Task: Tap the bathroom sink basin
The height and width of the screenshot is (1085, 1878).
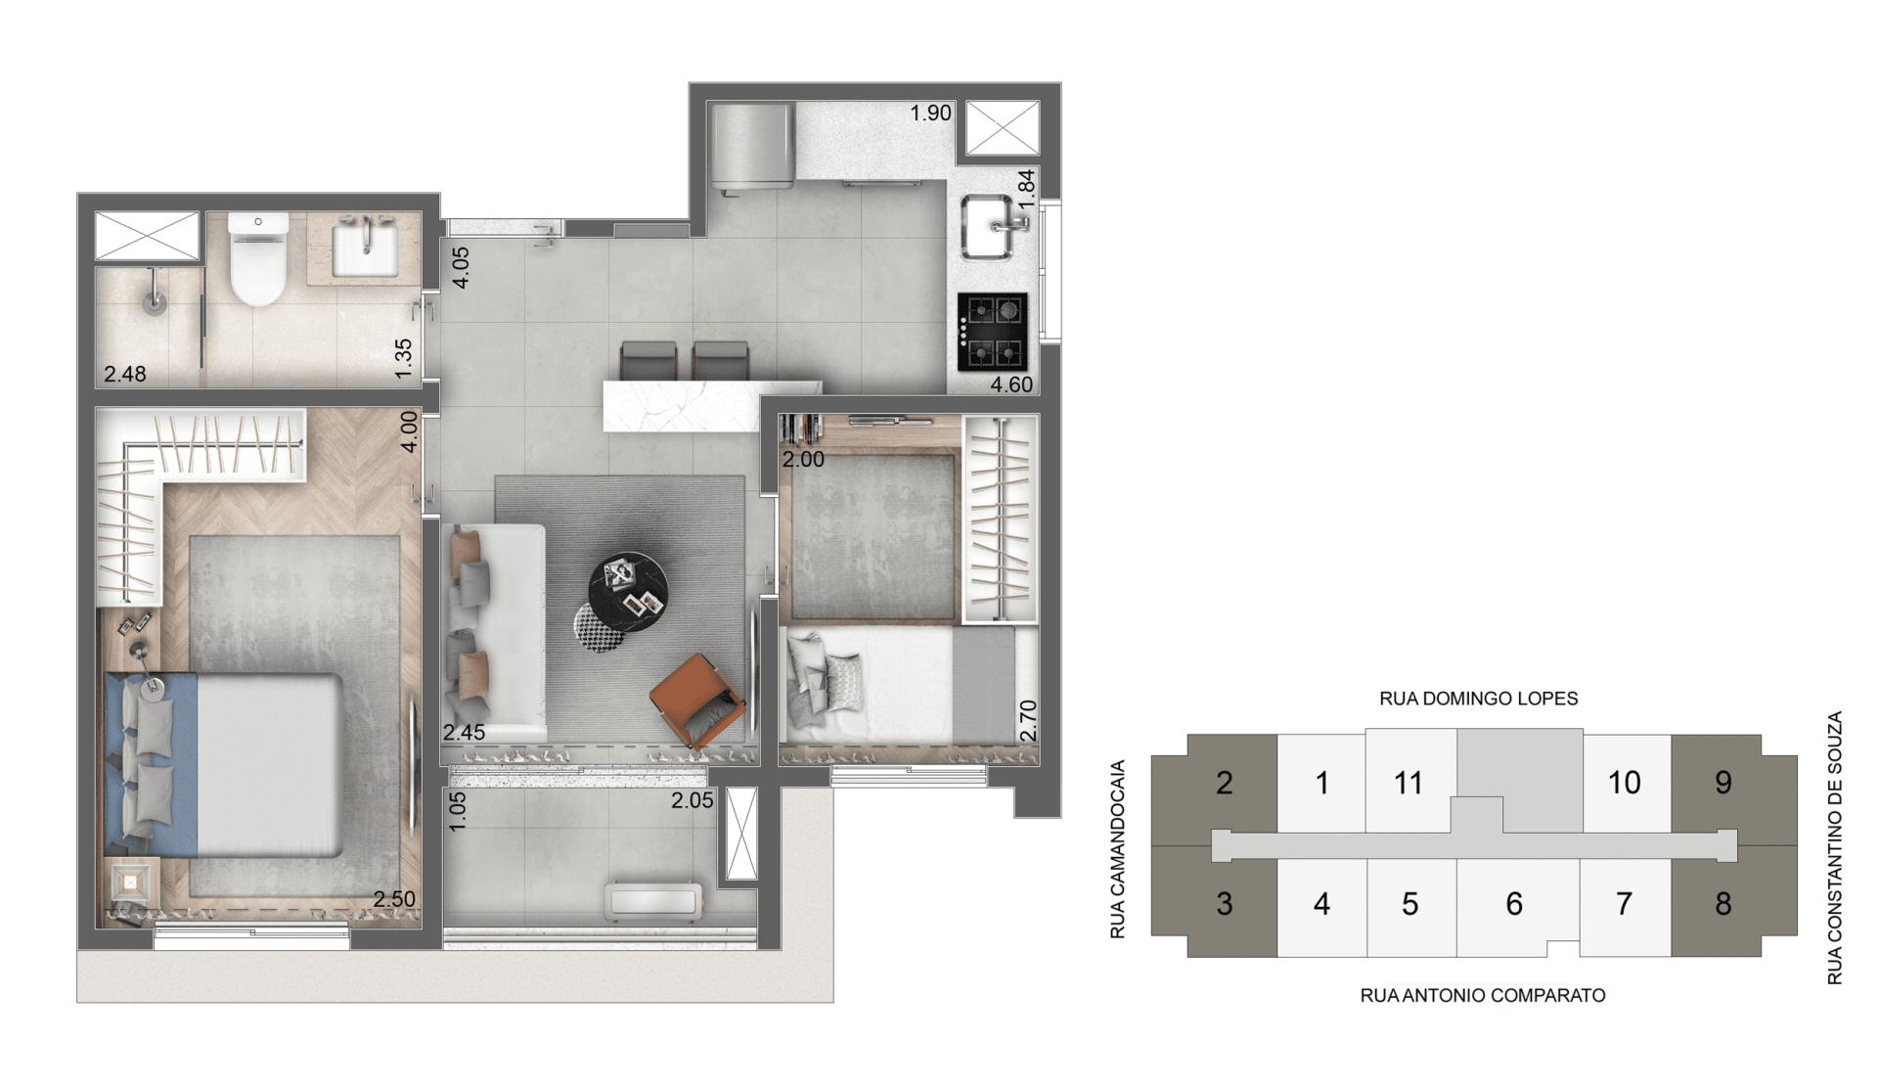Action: pyautogui.click(x=365, y=249)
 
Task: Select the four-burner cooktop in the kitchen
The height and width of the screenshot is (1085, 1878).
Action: pyautogui.click(x=993, y=332)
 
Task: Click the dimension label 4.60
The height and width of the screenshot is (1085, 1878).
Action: pyautogui.click(x=1010, y=384)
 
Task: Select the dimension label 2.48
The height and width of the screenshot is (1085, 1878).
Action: pyautogui.click(x=125, y=374)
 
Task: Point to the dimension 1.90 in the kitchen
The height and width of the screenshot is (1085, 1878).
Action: pyautogui.click(x=930, y=113)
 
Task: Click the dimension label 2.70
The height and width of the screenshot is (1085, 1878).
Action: pyautogui.click(x=1027, y=720)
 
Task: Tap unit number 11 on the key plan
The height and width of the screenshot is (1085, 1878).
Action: pyautogui.click(x=1408, y=783)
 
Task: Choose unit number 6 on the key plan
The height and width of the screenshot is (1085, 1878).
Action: pyautogui.click(x=1513, y=903)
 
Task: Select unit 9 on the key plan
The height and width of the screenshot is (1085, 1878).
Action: pyautogui.click(x=1722, y=782)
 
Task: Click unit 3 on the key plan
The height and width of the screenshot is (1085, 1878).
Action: pyautogui.click(x=1224, y=903)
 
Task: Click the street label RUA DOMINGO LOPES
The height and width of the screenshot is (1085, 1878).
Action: pyautogui.click(x=1478, y=699)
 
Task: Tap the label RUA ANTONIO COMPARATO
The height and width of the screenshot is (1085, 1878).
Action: pyautogui.click(x=1482, y=995)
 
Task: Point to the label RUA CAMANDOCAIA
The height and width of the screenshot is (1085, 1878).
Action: pyautogui.click(x=1118, y=849)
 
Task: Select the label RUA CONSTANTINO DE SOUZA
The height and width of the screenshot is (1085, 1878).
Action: pyautogui.click(x=1834, y=847)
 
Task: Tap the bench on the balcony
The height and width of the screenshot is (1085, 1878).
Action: pyautogui.click(x=653, y=901)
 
